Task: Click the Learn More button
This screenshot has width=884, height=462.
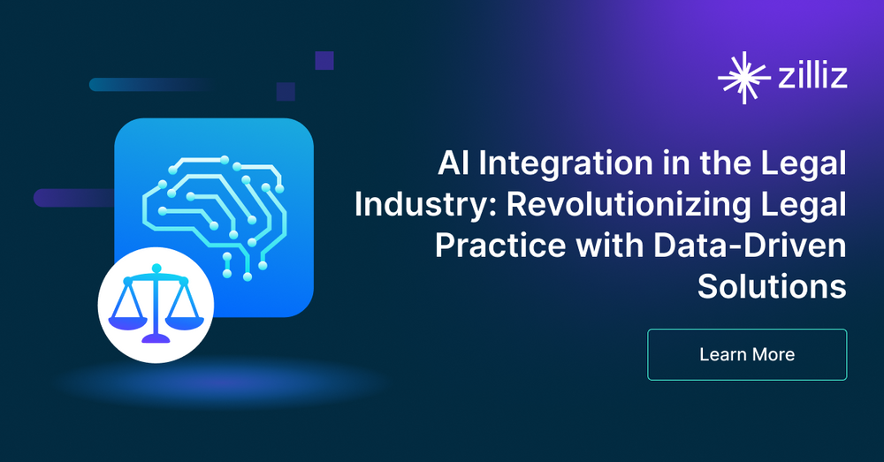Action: coord(747,354)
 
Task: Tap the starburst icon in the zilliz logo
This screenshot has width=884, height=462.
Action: coord(742,77)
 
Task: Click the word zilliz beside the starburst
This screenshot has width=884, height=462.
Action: coord(809,77)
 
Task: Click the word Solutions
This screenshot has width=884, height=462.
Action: coord(772,287)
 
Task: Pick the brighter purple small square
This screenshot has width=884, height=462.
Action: coord(324,60)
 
